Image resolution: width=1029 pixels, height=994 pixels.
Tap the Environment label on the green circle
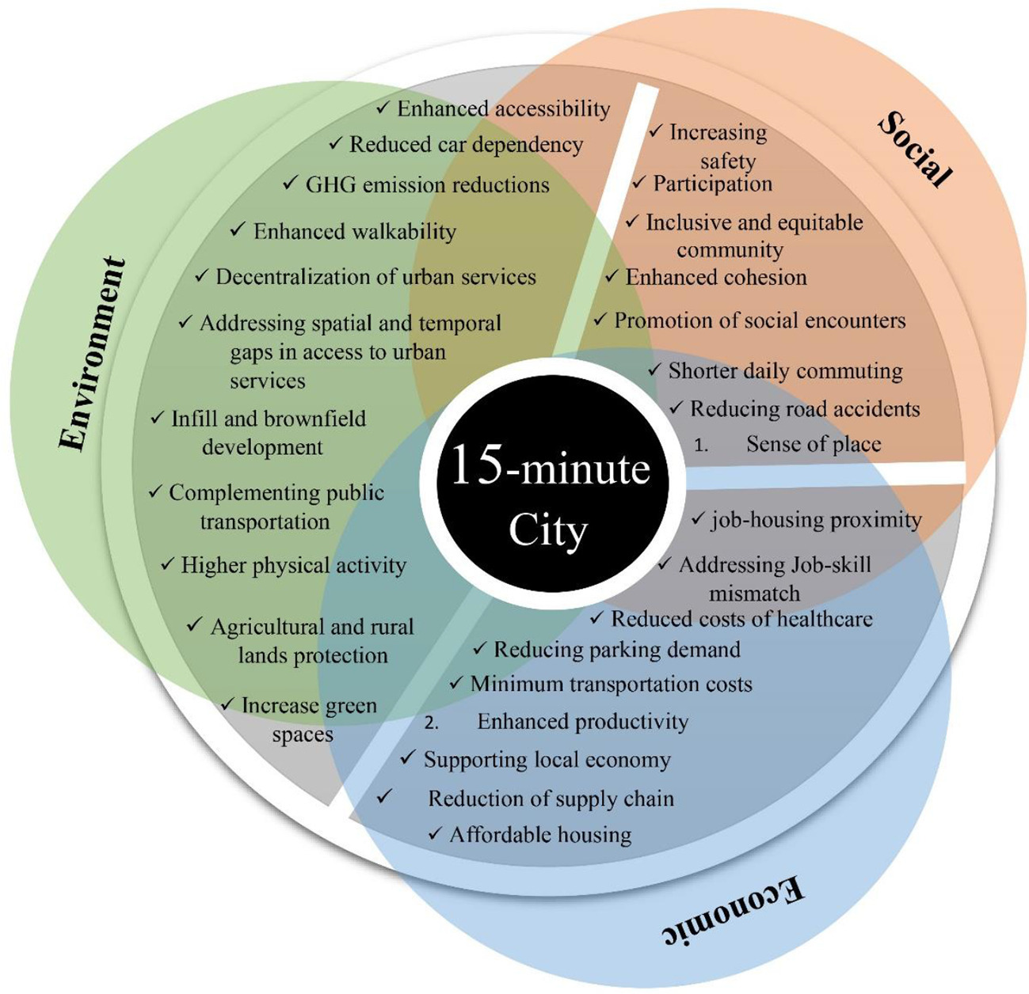point(93,354)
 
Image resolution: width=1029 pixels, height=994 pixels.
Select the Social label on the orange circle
point(915,149)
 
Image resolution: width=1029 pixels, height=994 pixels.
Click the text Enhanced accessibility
point(503,108)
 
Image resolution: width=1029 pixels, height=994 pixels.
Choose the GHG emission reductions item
point(427,185)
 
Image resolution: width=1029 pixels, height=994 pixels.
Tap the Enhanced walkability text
point(354,232)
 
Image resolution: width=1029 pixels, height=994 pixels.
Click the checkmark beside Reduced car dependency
point(336,143)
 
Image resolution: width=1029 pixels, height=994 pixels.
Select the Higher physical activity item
point(293,565)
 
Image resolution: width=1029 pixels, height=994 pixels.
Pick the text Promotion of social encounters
point(759,321)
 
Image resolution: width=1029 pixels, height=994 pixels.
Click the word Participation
point(712,184)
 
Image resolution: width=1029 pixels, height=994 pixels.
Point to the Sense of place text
point(813,444)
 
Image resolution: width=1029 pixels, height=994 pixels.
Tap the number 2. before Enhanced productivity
point(432,723)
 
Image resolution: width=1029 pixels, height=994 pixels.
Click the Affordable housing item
point(540,835)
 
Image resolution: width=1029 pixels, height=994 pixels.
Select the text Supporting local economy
point(547,760)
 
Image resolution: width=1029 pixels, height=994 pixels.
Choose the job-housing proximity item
point(816,520)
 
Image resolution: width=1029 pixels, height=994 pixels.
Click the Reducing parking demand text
point(616,650)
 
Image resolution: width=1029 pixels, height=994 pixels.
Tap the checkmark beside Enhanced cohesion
point(612,276)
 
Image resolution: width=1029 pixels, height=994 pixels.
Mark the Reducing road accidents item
point(804,409)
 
